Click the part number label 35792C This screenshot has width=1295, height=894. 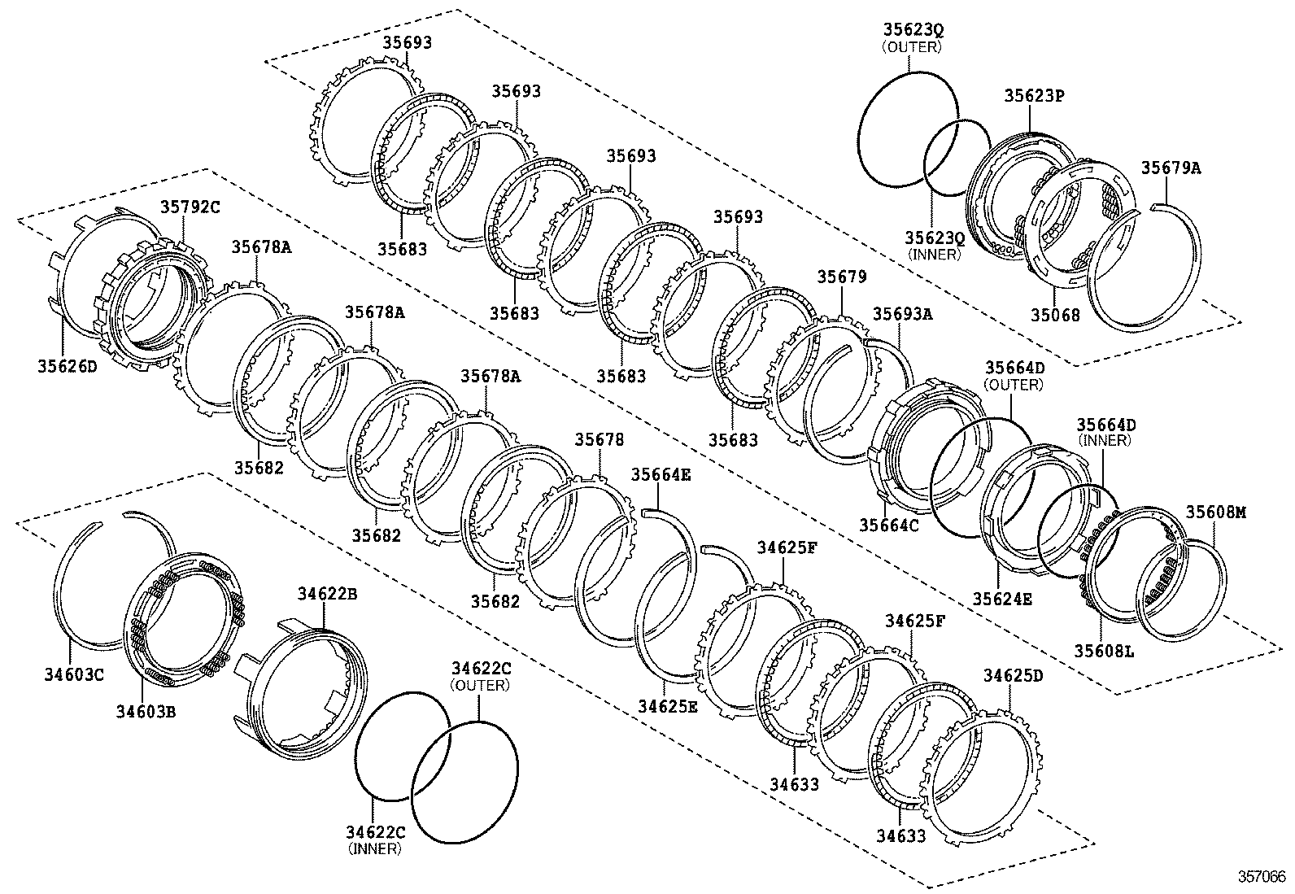click(x=189, y=207)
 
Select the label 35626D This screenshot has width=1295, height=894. click(x=67, y=366)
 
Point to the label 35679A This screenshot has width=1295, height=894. click(x=1170, y=168)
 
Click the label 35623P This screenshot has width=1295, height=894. click(x=1034, y=96)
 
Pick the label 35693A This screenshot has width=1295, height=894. click(x=902, y=313)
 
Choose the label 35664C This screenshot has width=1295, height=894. click(x=888, y=525)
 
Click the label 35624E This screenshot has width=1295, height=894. click(x=1002, y=599)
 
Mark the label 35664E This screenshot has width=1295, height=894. click(x=661, y=475)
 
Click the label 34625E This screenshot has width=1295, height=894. click(x=667, y=705)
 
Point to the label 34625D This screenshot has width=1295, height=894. click(x=1013, y=676)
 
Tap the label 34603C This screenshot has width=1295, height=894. click(x=73, y=674)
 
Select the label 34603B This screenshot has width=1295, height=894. click(x=145, y=712)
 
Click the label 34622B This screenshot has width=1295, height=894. click(x=326, y=595)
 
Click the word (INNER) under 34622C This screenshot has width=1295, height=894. click(x=374, y=848)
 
